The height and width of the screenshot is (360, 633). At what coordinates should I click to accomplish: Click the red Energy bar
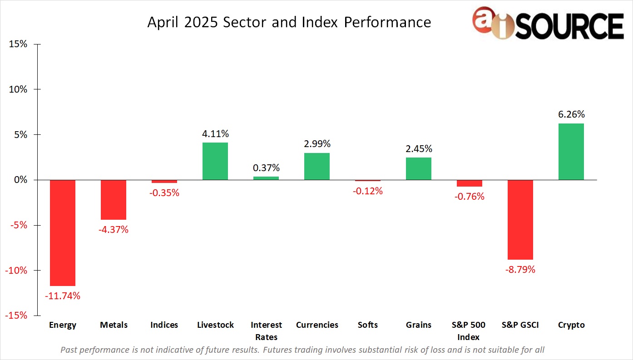tap(63, 233)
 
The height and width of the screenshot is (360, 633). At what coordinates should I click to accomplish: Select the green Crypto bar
tap(571, 152)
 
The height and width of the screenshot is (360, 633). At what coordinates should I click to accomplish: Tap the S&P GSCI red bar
tap(520, 220)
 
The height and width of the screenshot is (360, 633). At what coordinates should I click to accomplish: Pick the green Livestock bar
tap(215, 161)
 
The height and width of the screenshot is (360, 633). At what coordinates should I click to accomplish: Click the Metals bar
tap(114, 200)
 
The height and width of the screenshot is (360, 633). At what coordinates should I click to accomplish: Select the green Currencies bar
tap(317, 166)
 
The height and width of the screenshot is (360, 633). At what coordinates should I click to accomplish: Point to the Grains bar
tap(419, 168)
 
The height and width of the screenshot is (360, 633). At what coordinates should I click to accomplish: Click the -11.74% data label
tap(63, 296)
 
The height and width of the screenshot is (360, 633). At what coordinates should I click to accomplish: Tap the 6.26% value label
tap(571, 114)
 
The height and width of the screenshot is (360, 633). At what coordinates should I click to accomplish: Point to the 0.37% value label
tap(266, 168)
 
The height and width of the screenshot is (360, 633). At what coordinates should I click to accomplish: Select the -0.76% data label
tap(470, 197)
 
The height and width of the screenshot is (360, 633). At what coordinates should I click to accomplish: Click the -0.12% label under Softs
tap(368, 191)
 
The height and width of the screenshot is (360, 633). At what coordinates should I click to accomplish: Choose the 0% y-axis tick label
tap(20, 180)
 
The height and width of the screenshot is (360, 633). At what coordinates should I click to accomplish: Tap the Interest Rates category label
tap(266, 331)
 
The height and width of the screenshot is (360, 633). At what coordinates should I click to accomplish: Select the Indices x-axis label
tap(164, 325)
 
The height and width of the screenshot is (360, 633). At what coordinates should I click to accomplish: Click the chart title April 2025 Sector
tap(289, 22)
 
